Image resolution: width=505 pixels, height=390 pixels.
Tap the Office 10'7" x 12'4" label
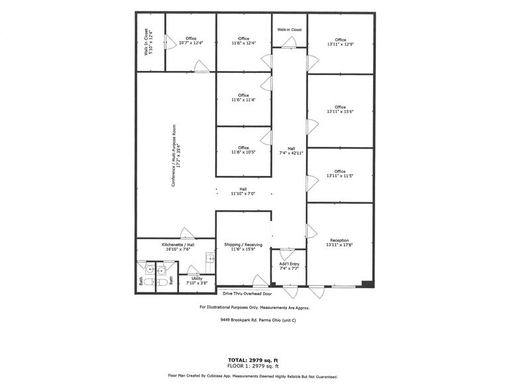[x=191, y=41]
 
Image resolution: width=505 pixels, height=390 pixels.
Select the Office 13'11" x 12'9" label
[x=340, y=42]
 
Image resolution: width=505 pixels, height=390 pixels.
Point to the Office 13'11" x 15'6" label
[x=340, y=109]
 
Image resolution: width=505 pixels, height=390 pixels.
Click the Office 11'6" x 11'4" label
[x=243, y=97]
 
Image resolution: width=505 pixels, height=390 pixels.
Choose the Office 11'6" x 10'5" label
[x=243, y=150]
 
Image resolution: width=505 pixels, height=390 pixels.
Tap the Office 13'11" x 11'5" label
[x=340, y=174]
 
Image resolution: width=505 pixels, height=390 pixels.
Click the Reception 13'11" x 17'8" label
[x=339, y=243]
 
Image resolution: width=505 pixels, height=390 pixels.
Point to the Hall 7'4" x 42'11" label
[x=291, y=151]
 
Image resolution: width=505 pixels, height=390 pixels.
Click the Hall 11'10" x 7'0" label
[x=243, y=191]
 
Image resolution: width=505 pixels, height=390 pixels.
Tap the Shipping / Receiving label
[x=243, y=247]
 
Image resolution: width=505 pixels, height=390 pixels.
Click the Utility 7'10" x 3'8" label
[x=197, y=281]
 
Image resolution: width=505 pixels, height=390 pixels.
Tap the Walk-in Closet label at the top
[x=290, y=30]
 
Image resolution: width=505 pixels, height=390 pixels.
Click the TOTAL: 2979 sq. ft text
[x=253, y=360]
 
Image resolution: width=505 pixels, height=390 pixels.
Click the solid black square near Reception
[x=368, y=284]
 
